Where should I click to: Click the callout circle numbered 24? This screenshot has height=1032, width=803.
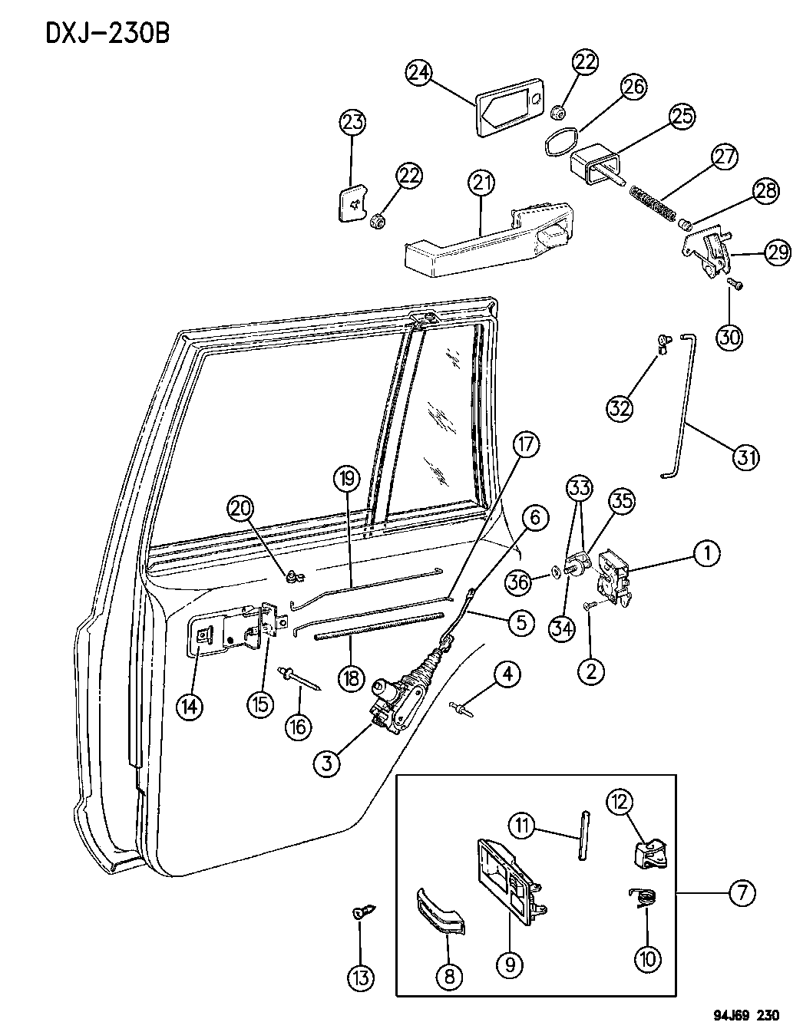(x=419, y=74)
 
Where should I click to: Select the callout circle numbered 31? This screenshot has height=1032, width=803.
(x=744, y=458)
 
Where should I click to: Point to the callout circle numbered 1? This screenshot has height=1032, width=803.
(x=707, y=553)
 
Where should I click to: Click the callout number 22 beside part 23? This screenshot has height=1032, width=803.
(x=408, y=176)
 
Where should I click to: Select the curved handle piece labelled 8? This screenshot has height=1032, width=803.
(x=441, y=913)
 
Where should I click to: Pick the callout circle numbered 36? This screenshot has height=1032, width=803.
(x=520, y=582)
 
